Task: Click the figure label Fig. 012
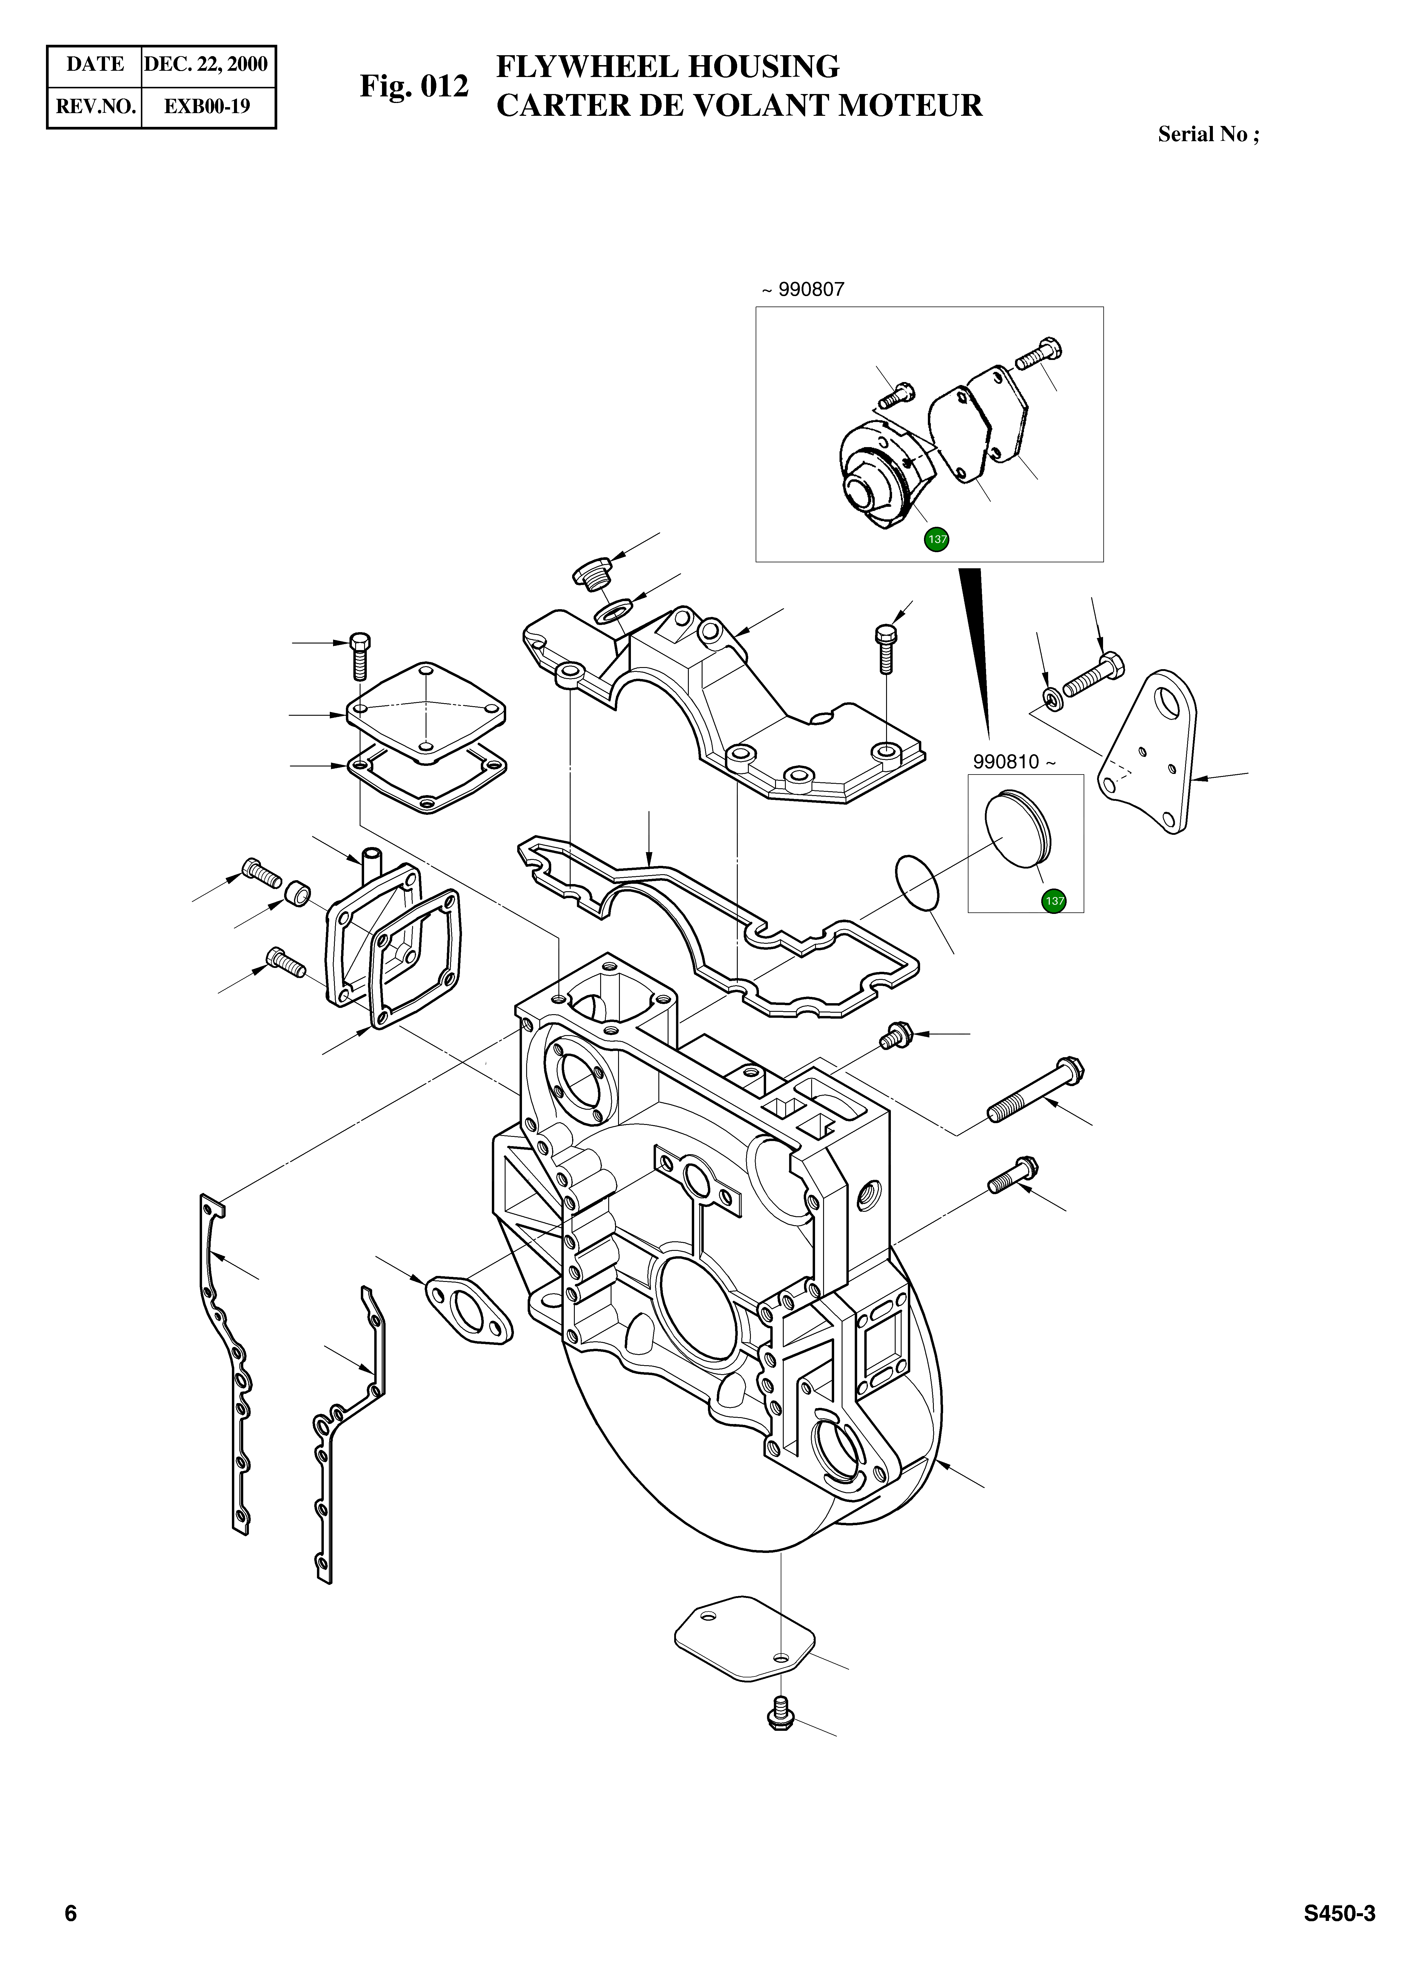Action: (x=414, y=87)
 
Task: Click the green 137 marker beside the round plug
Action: (x=1054, y=901)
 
